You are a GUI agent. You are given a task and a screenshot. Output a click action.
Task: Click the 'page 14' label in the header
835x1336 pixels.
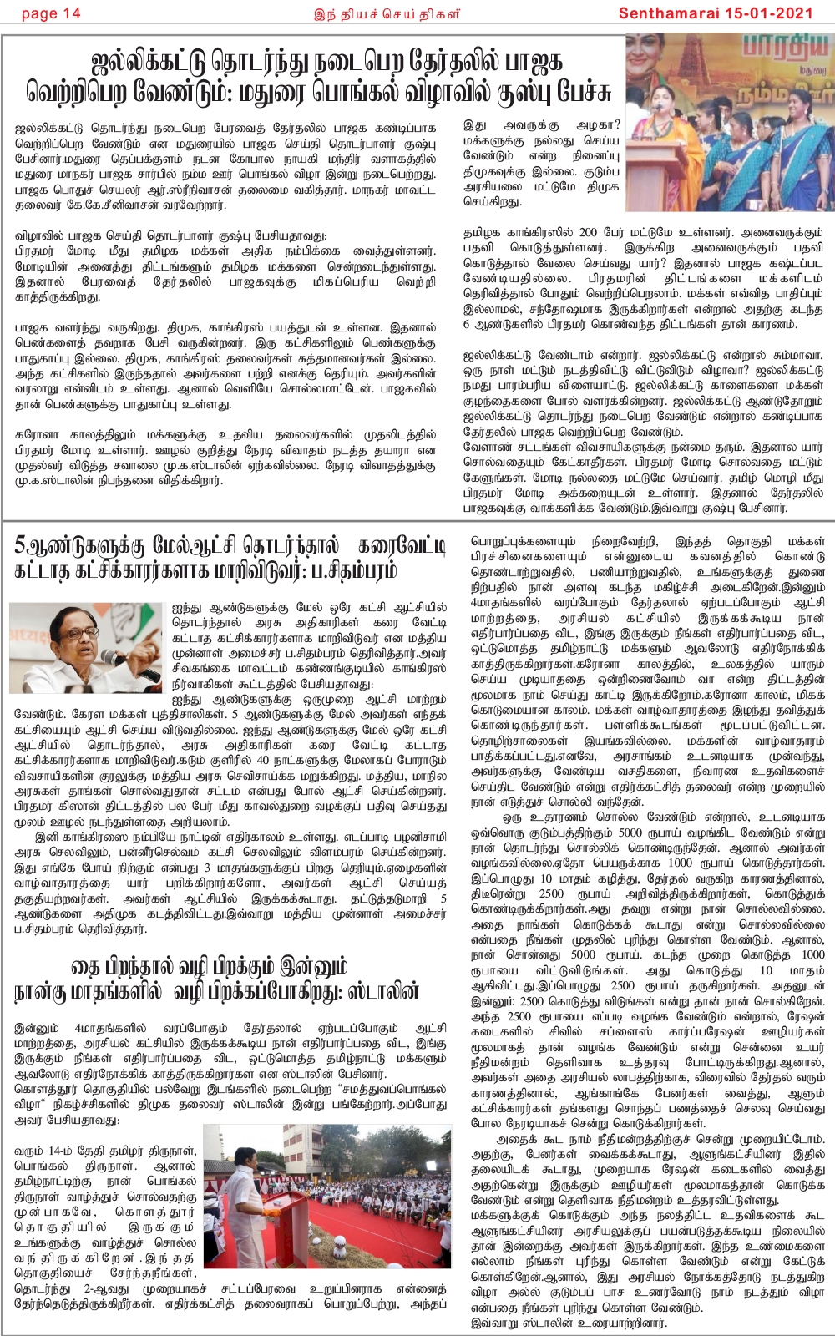pos(51,13)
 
